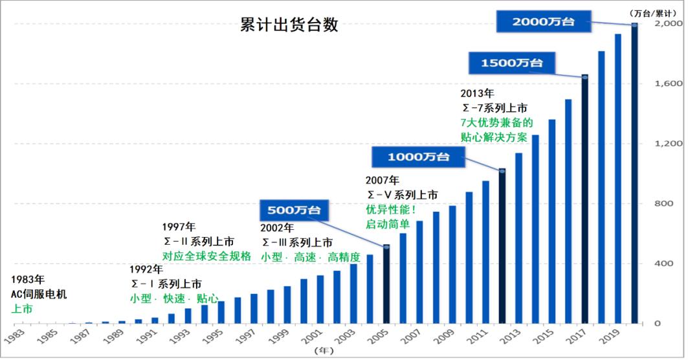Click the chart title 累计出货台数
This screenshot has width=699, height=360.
(289, 25)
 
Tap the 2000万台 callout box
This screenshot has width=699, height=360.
(544, 21)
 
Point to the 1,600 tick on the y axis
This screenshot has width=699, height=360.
(669, 84)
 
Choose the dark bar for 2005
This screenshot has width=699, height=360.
(386, 285)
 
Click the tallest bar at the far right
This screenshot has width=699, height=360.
(634, 175)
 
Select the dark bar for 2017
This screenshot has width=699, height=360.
(584, 201)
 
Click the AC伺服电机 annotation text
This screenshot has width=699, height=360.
(39, 295)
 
